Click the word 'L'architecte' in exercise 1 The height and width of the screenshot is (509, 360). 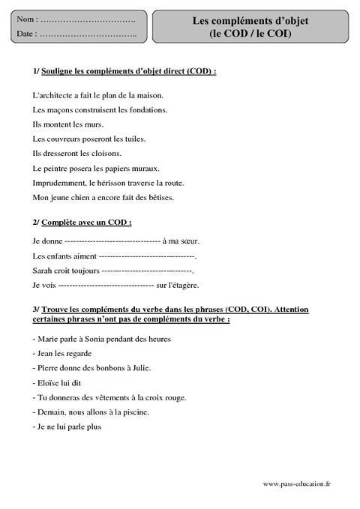[54, 95]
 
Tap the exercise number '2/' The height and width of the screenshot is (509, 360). [37, 223]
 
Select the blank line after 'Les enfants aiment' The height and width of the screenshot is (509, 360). [146, 256]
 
